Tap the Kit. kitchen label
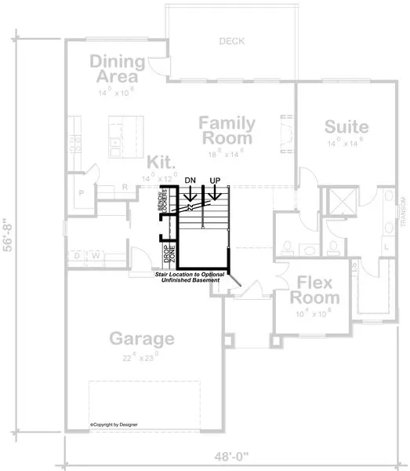161,162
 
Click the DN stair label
190,181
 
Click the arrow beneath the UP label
213,194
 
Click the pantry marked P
81,192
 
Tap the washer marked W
96,255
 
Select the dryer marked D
76,255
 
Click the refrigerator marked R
125,187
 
